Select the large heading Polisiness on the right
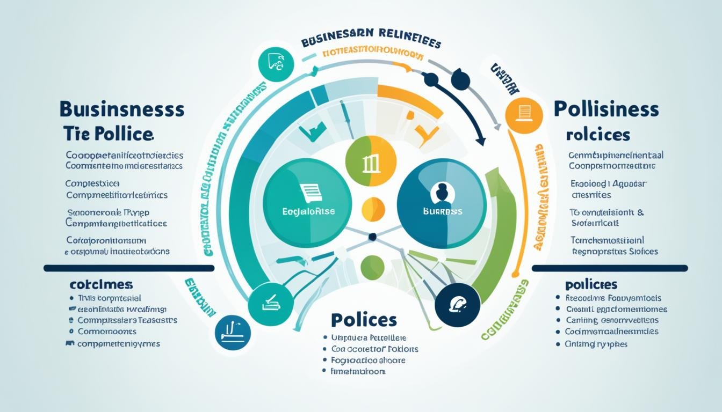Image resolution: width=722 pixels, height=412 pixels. click(605, 109)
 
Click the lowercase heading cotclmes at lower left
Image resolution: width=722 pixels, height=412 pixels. click(101, 284)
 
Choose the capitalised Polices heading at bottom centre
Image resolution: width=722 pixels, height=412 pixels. click(364, 320)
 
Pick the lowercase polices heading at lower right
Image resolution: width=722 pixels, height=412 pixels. click(591, 284)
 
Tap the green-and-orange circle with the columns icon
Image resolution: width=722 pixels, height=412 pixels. click(371, 163)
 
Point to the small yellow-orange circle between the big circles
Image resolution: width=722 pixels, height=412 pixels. click(373, 209)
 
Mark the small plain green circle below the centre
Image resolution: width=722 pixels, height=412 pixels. click(372, 267)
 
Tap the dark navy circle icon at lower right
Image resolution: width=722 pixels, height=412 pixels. click(457, 305)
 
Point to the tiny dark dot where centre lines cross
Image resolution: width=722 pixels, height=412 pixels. click(371, 236)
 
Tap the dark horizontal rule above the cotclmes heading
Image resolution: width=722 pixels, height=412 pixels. click(129, 268)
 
